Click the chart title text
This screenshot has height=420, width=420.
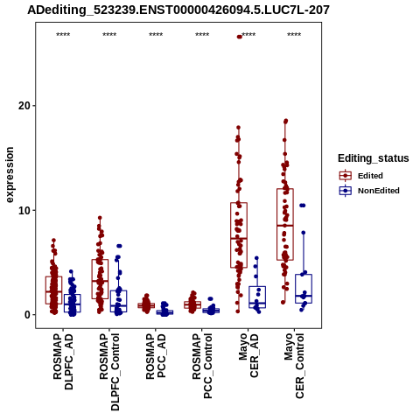coord(178,10)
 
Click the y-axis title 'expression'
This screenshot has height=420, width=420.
coord(10,175)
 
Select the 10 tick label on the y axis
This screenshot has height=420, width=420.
coord(24,210)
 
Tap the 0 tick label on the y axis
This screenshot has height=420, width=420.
coord(27,315)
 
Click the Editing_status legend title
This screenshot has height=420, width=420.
coord(374,158)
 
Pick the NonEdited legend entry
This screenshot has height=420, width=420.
coord(369,191)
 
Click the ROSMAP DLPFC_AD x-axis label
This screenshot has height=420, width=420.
coord(63,361)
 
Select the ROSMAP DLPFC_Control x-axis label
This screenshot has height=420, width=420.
coord(109,372)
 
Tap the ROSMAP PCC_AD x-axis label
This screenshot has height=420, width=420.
coord(156,356)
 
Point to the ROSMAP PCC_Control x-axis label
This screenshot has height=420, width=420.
coord(202,366)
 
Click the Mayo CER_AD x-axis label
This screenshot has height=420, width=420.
coord(248,356)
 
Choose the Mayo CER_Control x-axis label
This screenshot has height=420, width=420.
coord(295,366)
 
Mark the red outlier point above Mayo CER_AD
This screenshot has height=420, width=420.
coord(240,37)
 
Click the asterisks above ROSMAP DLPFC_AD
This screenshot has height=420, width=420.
coord(63,35)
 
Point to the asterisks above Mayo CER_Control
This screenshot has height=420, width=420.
coord(294,35)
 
